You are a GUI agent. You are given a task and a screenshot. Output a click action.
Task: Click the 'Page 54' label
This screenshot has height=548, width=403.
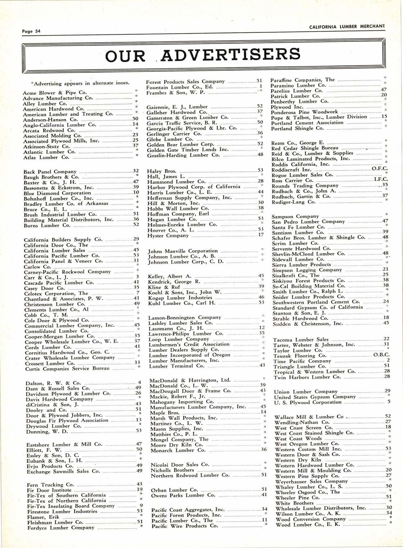pyautogui.click(x=31, y=31)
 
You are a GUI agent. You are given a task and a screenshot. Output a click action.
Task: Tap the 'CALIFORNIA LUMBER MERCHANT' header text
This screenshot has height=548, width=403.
pyautogui.click(x=347, y=26)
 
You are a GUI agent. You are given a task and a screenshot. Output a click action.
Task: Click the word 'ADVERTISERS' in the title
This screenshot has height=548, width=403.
pyautogui.click(x=231, y=55)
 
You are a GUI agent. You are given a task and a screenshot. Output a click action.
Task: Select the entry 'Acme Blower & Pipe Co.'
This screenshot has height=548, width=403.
pyautogui.click(x=55, y=93)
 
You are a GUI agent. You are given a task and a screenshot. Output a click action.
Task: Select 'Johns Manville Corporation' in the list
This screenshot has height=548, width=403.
pyautogui.click(x=183, y=251)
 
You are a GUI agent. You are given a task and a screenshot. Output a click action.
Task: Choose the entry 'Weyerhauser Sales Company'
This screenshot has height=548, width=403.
pyautogui.click(x=311, y=481)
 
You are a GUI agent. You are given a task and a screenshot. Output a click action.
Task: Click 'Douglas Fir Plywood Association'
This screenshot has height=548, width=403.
pyautogui.click(x=67, y=420)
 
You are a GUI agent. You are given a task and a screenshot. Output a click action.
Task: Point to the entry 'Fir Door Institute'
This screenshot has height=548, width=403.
pyautogui.click(x=49, y=490)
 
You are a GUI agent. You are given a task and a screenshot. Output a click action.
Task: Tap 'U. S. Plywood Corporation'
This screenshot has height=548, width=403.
pyautogui.click(x=307, y=402)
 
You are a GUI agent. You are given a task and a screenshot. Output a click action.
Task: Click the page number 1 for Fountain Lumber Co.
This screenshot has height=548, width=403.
pyautogui.click(x=261, y=86)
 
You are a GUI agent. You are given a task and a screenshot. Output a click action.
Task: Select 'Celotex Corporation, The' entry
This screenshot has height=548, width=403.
pyautogui.click(x=56, y=293)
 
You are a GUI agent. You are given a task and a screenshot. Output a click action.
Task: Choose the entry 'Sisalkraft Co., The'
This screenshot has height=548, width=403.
pyautogui.click(x=296, y=275)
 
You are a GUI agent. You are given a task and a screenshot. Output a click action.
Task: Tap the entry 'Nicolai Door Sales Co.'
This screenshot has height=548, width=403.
pyautogui.click(x=180, y=465)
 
